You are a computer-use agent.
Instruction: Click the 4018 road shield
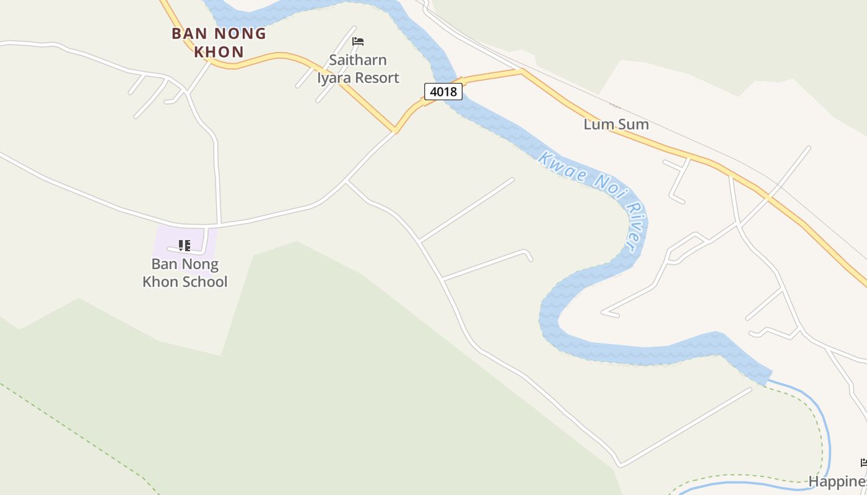pos(443,92)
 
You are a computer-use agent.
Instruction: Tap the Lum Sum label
pos(616,124)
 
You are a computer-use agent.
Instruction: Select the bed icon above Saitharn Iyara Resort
pos(358,42)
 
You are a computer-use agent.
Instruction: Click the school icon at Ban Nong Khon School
pos(185,246)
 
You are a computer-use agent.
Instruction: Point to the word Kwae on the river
pos(553,163)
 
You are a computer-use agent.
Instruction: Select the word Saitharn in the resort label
pos(358,61)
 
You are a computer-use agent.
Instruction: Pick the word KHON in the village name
pos(219,52)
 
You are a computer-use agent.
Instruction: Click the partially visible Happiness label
pos(838,481)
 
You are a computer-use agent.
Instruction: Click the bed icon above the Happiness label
pos(863,463)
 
